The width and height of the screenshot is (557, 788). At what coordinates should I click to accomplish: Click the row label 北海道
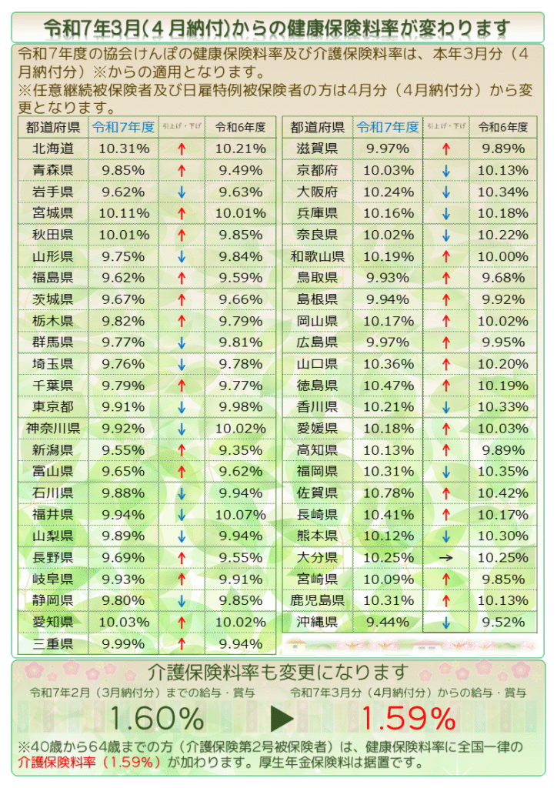[53, 149]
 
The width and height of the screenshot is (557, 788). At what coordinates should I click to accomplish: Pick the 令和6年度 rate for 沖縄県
[503, 622]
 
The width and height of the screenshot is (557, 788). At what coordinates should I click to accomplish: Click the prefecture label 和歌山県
[318, 256]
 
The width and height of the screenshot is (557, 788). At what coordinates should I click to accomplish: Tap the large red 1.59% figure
[409, 719]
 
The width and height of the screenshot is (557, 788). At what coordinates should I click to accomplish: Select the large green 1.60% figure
[156, 719]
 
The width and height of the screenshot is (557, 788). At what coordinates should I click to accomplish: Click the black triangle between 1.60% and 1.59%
[282, 720]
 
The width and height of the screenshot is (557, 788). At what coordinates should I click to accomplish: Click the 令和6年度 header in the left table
[240, 127]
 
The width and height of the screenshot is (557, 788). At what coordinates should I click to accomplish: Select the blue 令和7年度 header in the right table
[387, 127]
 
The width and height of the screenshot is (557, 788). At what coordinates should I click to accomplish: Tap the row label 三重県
[53, 644]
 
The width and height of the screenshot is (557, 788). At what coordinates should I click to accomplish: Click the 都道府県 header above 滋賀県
[318, 127]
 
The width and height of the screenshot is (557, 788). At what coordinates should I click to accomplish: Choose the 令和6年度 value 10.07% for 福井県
[240, 515]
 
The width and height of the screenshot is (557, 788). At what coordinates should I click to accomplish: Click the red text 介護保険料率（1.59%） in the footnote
[89, 763]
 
